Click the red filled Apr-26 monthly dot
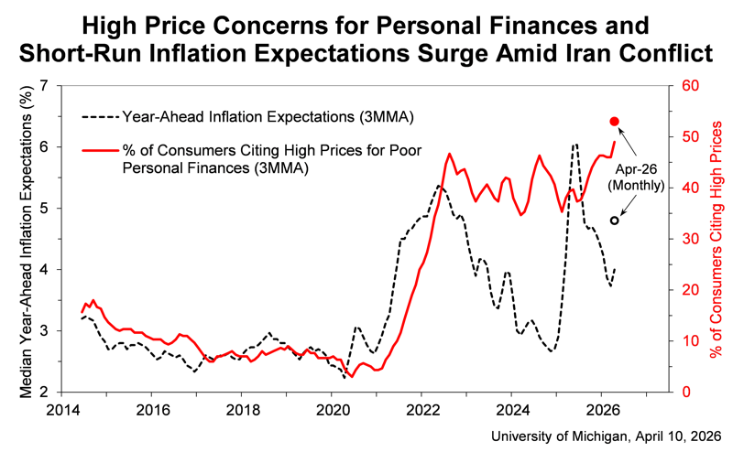[x=615, y=121]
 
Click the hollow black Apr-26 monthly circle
[x=615, y=221]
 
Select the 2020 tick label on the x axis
[x=332, y=409]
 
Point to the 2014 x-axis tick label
[x=61, y=409]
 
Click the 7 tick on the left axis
[x=48, y=86]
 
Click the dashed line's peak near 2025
[x=574, y=145]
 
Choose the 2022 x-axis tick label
[x=421, y=409]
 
